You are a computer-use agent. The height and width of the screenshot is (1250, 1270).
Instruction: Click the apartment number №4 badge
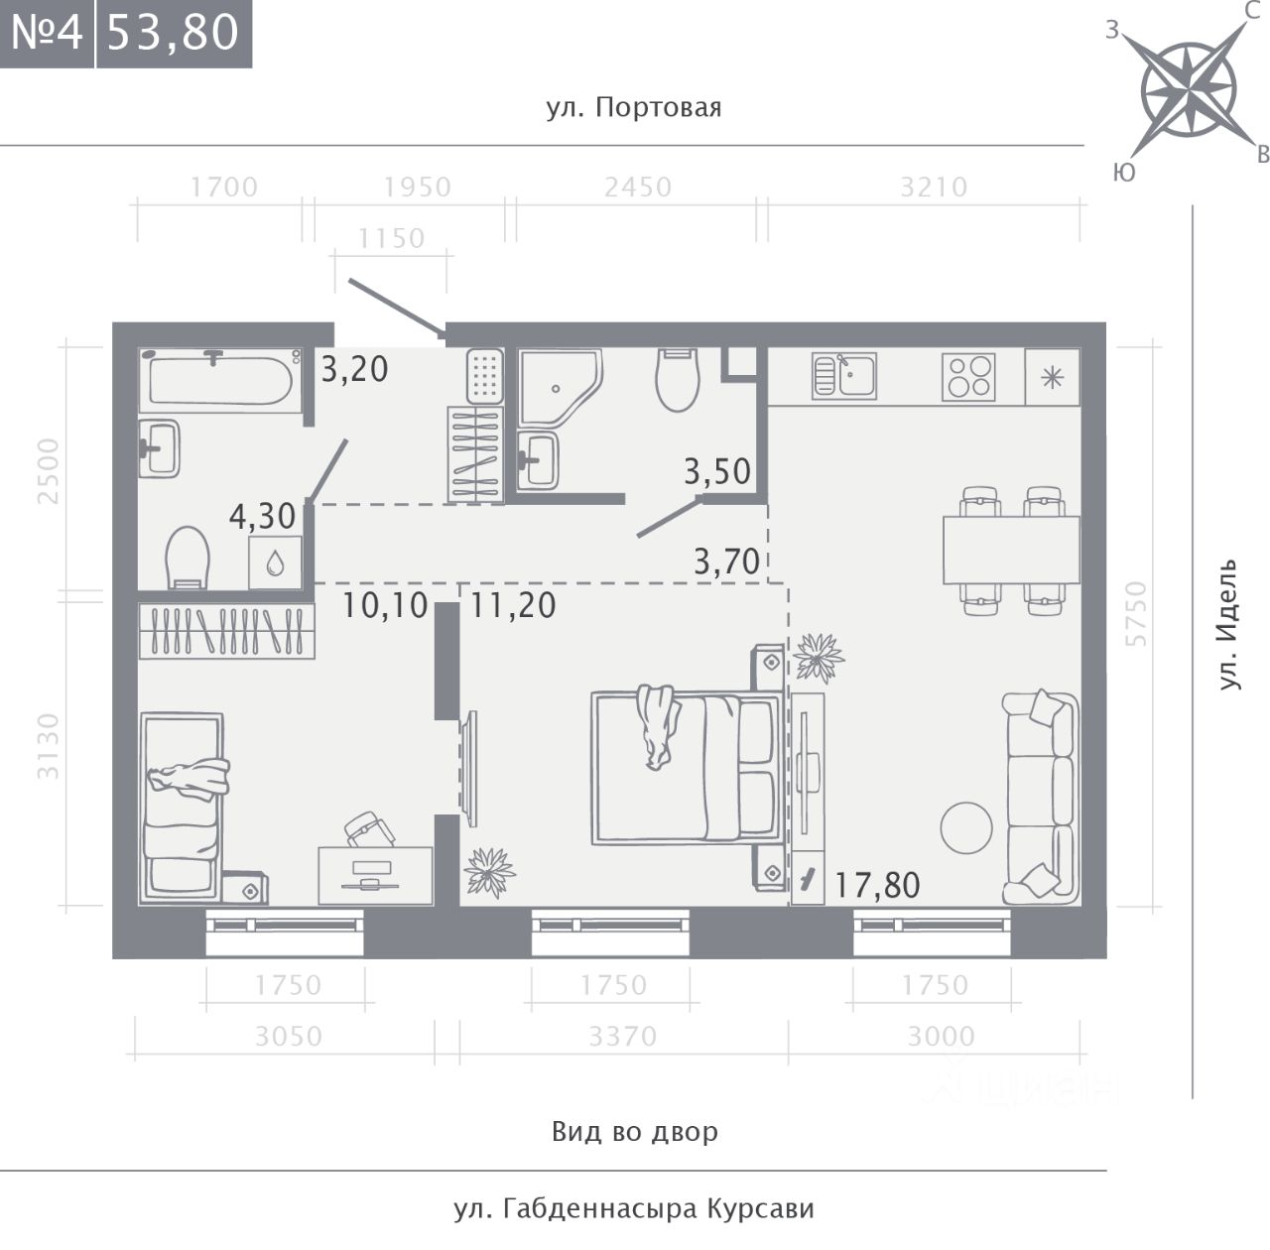click(x=47, y=34)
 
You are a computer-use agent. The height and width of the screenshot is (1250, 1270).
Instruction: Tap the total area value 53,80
click(x=173, y=33)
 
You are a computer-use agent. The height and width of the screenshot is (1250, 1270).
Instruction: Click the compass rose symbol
click(x=1188, y=89)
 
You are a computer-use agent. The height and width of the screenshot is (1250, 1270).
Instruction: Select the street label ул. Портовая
click(x=634, y=107)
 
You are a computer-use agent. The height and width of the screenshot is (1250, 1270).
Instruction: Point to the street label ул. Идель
click(x=1226, y=624)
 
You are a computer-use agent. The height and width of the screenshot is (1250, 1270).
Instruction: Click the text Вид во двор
click(x=635, y=1131)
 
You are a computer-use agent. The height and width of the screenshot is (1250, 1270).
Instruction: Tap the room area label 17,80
click(x=876, y=885)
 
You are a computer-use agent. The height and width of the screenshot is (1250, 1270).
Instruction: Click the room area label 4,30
click(x=262, y=516)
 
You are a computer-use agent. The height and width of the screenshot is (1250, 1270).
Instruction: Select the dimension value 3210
click(x=934, y=187)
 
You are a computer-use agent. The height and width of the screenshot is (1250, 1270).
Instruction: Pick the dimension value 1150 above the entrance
click(x=391, y=238)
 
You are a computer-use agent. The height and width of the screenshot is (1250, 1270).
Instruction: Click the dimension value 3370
click(x=622, y=1037)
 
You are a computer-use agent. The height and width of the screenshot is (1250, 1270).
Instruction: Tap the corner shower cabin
click(x=561, y=388)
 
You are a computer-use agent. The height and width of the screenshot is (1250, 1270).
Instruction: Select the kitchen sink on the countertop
click(x=844, y=375)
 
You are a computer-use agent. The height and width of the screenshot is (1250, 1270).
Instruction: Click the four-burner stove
click(x=968, y=376)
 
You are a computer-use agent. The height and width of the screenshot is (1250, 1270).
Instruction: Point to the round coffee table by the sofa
click(x=966, y=828)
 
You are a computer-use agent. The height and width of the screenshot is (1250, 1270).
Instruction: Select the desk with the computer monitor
click(x=376, y=876)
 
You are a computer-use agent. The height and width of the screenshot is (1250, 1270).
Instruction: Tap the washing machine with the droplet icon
click(x=276, y=562)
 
